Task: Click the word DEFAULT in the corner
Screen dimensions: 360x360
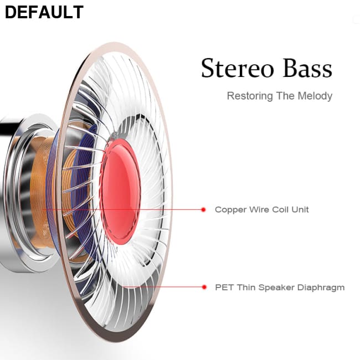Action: click(x=44, y=12)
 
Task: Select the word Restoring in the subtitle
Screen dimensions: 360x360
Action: click(x=250, y=96)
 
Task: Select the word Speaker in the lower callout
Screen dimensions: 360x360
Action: click(x=278, y=287)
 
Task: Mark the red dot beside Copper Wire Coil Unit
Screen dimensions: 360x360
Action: click(x=203, y=209)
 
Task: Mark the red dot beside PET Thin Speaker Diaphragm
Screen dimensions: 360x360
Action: click(x=203, y=287)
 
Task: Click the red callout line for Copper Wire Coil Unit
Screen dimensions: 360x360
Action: click(x=166, y=209)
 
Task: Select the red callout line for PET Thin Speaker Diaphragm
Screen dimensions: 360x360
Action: click(x=166, y=287)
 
